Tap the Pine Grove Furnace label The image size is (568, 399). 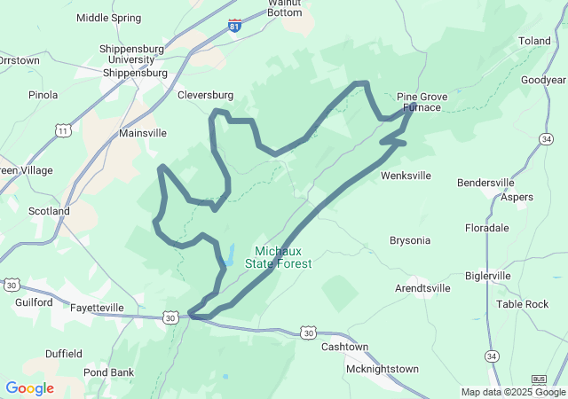point(418,101)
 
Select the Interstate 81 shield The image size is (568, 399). point(234,26)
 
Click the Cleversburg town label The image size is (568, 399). point(205,95)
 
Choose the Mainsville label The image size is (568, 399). point(143,133)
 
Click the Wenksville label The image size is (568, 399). point(406,176)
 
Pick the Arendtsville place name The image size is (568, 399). point(422,288)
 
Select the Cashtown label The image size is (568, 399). point(344,347)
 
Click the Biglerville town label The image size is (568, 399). point(504,276)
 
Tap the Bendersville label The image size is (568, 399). point(485,183)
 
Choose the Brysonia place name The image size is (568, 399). point(410,240)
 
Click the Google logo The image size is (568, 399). point(29,388)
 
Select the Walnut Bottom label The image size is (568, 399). point(285,8)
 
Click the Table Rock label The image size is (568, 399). point(522,304)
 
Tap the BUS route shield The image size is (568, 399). point(539,379)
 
